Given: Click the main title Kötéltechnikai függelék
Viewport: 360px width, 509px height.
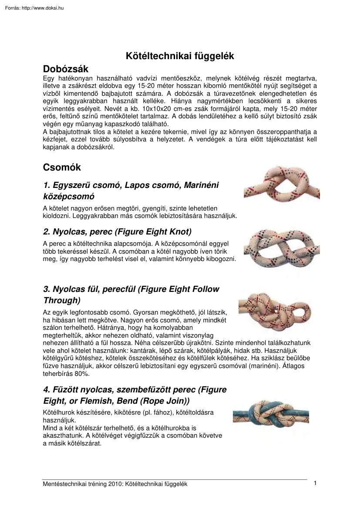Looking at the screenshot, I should (180, 56).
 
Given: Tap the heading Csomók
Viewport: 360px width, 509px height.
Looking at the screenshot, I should (62, 167).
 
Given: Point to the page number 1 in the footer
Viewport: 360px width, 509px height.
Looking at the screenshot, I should (314, 483).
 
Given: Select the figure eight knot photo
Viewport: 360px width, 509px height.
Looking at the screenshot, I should (277, 248).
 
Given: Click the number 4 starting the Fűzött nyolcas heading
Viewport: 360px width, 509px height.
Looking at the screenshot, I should (46, 389).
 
